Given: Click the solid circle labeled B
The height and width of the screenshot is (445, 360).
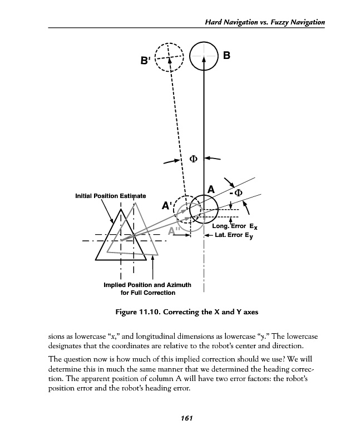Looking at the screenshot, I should tap(204, 57).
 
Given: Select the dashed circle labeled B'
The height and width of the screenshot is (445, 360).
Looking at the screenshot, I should tap(169, 58).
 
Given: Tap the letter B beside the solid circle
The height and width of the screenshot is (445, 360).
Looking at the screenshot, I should tap(226, 56).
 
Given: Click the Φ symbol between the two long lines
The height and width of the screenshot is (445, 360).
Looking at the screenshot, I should tap(194, 159).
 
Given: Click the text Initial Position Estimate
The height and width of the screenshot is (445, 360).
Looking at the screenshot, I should tap(111, 196).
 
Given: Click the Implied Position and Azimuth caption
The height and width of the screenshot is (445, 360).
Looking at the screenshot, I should tap(147, 289).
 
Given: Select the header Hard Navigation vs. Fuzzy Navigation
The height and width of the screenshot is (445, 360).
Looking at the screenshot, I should tap(265, 22).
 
